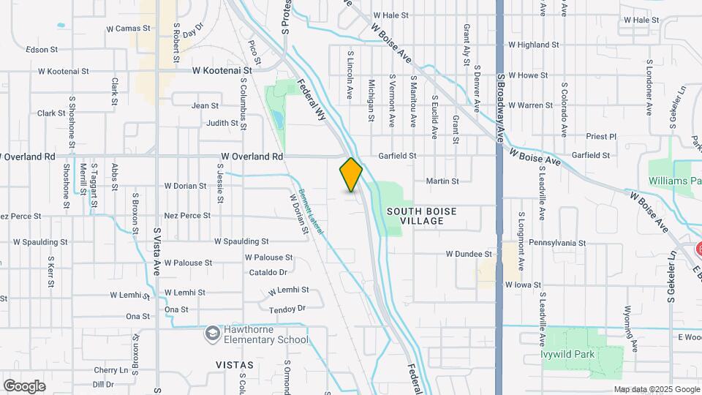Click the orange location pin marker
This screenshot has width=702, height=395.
tap(351, 175)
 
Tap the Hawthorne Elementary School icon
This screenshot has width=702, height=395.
tap(213, 334)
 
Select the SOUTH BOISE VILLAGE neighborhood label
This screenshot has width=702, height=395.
tap(422, 216)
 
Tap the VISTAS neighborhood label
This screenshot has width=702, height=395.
tap(235, 364)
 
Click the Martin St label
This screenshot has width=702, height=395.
tap(442, 181)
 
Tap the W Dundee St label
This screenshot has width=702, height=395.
tap(469, 254)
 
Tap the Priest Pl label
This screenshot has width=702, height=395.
tap(603, 136)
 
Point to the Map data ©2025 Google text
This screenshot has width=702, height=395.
tap(657, 389)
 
